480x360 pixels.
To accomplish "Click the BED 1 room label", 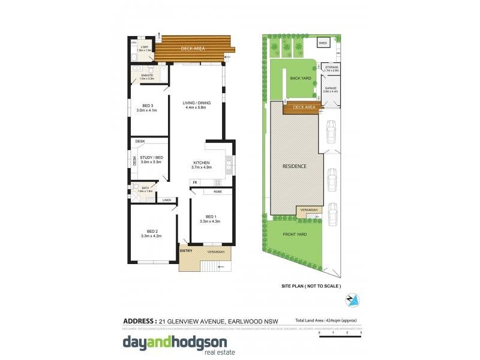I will (x=209, y=217).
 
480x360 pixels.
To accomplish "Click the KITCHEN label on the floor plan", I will (x=201, y=163).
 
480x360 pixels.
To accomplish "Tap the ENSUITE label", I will (x=147, y=75).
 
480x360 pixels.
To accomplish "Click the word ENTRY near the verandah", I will (x=186, y=251).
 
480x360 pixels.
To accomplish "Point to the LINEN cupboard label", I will (x=166, y=200).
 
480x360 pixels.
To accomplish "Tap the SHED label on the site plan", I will (x=323, y=43).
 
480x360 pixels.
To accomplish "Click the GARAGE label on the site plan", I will (x=331, y=88).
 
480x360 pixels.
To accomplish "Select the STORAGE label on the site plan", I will (x=332, y=67).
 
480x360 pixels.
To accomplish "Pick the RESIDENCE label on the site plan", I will (x=295, y=166).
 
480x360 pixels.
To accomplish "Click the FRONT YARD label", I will (x=295, y=235).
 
